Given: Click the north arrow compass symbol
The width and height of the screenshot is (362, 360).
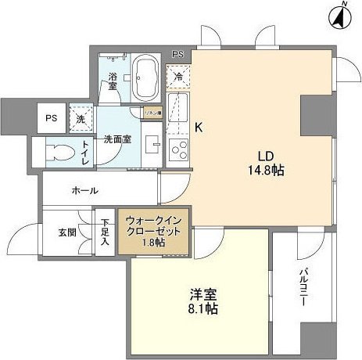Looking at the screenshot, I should click(341, 15).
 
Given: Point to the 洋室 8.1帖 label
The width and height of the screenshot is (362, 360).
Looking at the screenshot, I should click(203, 301).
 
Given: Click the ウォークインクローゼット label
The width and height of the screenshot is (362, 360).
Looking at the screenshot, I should click(153, 231).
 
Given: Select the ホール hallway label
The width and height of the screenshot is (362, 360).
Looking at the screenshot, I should click(84, 190).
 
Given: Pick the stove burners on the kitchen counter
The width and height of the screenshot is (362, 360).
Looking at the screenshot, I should click(177, 149).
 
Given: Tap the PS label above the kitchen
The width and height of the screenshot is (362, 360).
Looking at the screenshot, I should click(178, 54).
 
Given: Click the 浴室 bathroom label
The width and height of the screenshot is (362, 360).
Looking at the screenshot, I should click(113, 81).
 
